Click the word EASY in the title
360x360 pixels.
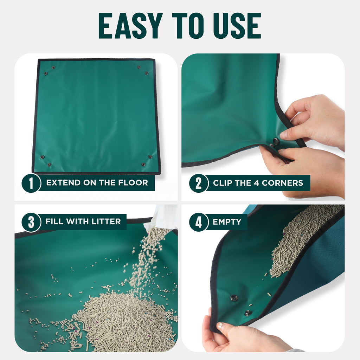click(x=130, y=26)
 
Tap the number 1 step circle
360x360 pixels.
click(x=31, y=183)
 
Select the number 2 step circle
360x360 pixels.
click(x=199, y=183)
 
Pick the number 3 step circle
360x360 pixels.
click(x=31, y=222)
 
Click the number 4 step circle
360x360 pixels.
click(x=199, y=222)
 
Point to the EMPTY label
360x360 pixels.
click(x=227, y=222)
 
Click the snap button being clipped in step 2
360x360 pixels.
click(x=276, y=141)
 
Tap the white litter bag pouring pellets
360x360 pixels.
click(x=163, y=218)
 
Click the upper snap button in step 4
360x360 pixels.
click(x=234, y=298)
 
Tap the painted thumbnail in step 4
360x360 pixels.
click(x=221, y=326)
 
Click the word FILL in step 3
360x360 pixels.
click(x=53, y=221)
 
